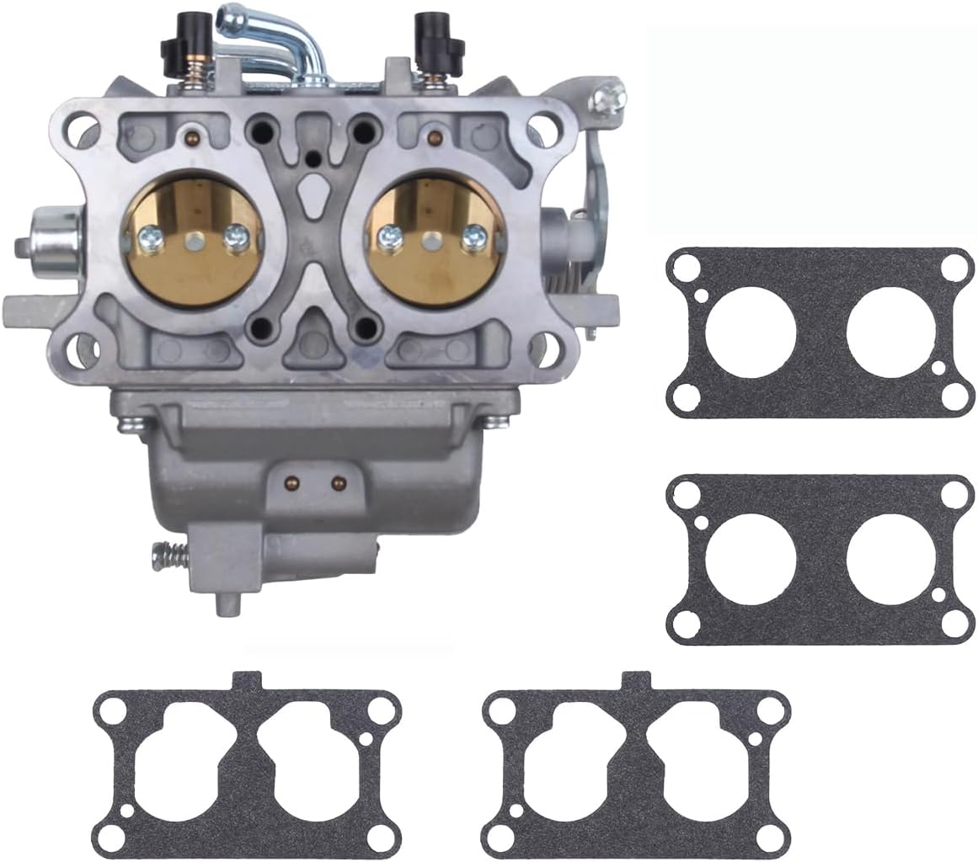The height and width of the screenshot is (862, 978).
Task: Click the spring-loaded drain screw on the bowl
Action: click(x=168, y=555)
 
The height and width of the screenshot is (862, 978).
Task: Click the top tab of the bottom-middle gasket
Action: click(x=636, y=679)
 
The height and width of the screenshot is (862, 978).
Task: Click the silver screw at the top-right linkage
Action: click(x=606, y=100)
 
